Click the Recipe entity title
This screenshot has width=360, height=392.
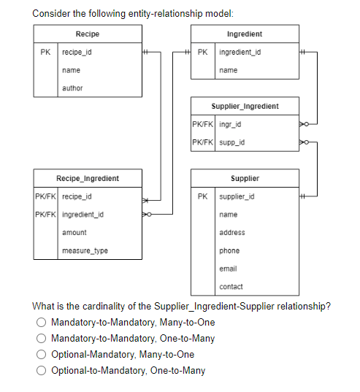click(87, 34)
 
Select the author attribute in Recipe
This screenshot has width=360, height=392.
click(72, 88)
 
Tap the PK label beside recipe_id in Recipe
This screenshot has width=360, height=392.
click(46, 53)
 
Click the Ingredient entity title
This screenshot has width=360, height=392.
click(245, 34)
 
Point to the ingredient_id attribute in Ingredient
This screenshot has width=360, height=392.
click(240, 53)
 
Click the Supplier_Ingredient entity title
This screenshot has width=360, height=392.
click(245, 106)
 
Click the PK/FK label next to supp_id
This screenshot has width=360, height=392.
click(202, 142)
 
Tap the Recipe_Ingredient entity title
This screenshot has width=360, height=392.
click(87, 178)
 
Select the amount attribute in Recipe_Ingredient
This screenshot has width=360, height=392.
click(74, 232)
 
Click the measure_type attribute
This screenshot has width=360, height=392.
click(85, 250)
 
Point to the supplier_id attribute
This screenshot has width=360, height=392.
click(237, 196)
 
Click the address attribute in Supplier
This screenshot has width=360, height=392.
click(232, 232)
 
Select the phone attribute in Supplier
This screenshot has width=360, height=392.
click(229, 250)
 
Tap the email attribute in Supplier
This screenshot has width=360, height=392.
click(228, 268)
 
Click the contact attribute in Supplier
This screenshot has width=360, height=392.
click(231, 286)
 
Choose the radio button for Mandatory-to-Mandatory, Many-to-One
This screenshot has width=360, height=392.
click(44, 323)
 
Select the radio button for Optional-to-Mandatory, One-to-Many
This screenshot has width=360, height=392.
click(44, 370)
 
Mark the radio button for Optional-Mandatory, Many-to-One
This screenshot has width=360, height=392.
click(44, 355)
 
